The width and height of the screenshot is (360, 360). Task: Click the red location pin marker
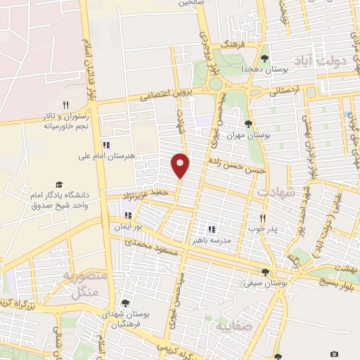click(181, 165)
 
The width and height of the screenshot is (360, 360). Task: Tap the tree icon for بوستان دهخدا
click(264, 58)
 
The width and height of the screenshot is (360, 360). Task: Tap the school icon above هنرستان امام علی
click(106, 143)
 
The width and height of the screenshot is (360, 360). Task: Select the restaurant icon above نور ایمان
click(127, 215)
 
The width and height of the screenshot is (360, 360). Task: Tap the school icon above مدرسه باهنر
click(211, 229)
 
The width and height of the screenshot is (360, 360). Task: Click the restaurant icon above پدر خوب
click(263, 218)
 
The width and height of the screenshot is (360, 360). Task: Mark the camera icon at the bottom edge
click(334, 354)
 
